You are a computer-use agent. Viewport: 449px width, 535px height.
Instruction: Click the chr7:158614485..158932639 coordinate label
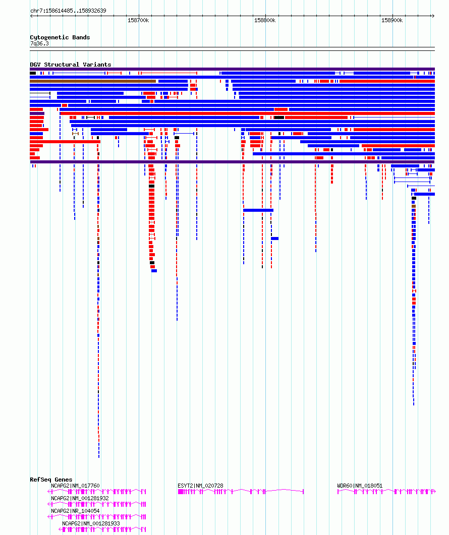[68, 11]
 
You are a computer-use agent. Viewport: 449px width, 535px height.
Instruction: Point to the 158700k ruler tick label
[138, 21]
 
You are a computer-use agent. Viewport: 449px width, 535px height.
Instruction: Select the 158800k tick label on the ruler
[265, 21]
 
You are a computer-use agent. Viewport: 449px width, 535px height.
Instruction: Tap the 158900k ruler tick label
[392, 21]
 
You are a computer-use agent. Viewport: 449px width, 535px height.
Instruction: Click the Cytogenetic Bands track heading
[60, 37]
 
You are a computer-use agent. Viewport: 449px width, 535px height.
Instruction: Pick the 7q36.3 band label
[40, 44]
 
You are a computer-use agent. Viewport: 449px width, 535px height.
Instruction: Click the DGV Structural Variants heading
[71, 65]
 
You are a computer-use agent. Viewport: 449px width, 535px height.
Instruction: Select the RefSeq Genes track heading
[51, 480]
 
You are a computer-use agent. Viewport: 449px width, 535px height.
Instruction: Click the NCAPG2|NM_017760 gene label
[76, 486]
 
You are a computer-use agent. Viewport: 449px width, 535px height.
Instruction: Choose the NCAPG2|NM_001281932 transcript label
[80, 498]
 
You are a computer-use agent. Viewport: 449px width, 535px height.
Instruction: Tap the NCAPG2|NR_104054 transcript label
[76, 511]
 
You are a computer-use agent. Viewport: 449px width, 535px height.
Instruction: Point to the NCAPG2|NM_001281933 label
[91, 523]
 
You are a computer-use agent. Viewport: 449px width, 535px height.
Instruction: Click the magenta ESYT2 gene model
[241, 491]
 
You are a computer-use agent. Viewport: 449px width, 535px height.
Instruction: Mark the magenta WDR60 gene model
[386, 491]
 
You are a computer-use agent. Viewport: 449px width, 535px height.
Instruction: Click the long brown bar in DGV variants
[93, 81]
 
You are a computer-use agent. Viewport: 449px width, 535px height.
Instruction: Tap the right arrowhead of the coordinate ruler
[433, 16]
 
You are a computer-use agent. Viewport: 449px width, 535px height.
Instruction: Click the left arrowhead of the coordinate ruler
[31, 16]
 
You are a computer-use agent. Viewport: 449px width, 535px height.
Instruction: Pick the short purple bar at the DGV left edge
[37, 113]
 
